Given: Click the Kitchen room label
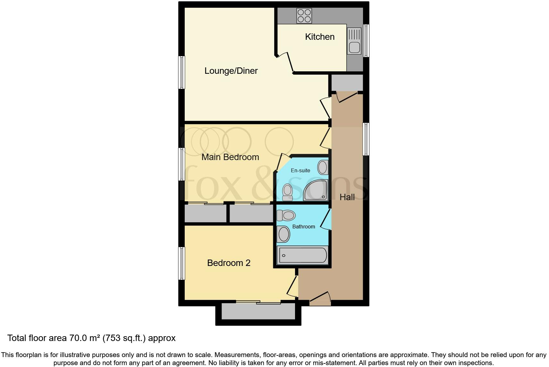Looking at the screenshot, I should click(x=320, y=37).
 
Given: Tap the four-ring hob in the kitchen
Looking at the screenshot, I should click(x=304, y=16).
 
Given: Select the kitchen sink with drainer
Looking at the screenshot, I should click(x=354, y=41).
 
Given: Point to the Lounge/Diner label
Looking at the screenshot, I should click(x=231, y=71).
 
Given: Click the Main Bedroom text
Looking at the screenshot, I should click(x=230, y=157).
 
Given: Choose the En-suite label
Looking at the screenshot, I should click(x=300, y=171).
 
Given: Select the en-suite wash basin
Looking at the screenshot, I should click(x=323, y=167).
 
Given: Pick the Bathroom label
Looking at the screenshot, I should click(x=303, y=227).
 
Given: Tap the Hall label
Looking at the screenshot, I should click(x=347, y=197).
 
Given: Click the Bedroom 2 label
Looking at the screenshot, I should click(x=229, y=263).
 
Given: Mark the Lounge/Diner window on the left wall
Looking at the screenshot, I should click(x=182, y=73).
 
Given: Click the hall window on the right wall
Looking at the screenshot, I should click(x=366, y=139).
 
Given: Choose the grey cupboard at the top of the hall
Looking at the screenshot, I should click(x=347, y=82).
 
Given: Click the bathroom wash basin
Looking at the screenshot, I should click(x=283, y=234).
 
